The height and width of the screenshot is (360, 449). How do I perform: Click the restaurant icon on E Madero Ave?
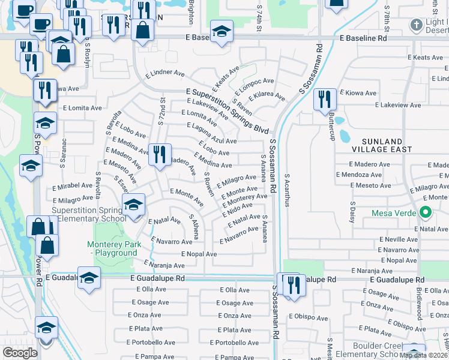(159, 155)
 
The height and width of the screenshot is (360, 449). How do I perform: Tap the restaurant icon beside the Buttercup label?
(325, 99)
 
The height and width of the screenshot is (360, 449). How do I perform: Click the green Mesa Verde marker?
(426, 212)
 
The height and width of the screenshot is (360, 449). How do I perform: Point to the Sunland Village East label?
(382, 145)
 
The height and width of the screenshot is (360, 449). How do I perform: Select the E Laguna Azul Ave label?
(212, 133)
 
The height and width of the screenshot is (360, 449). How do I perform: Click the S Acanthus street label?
(288, 190)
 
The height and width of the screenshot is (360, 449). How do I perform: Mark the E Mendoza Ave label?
(359, 175)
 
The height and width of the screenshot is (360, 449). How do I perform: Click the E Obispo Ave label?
(308, 317)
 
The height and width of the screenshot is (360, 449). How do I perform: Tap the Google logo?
(20, 353)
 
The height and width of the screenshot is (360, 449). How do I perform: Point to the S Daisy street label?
(353, 213)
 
